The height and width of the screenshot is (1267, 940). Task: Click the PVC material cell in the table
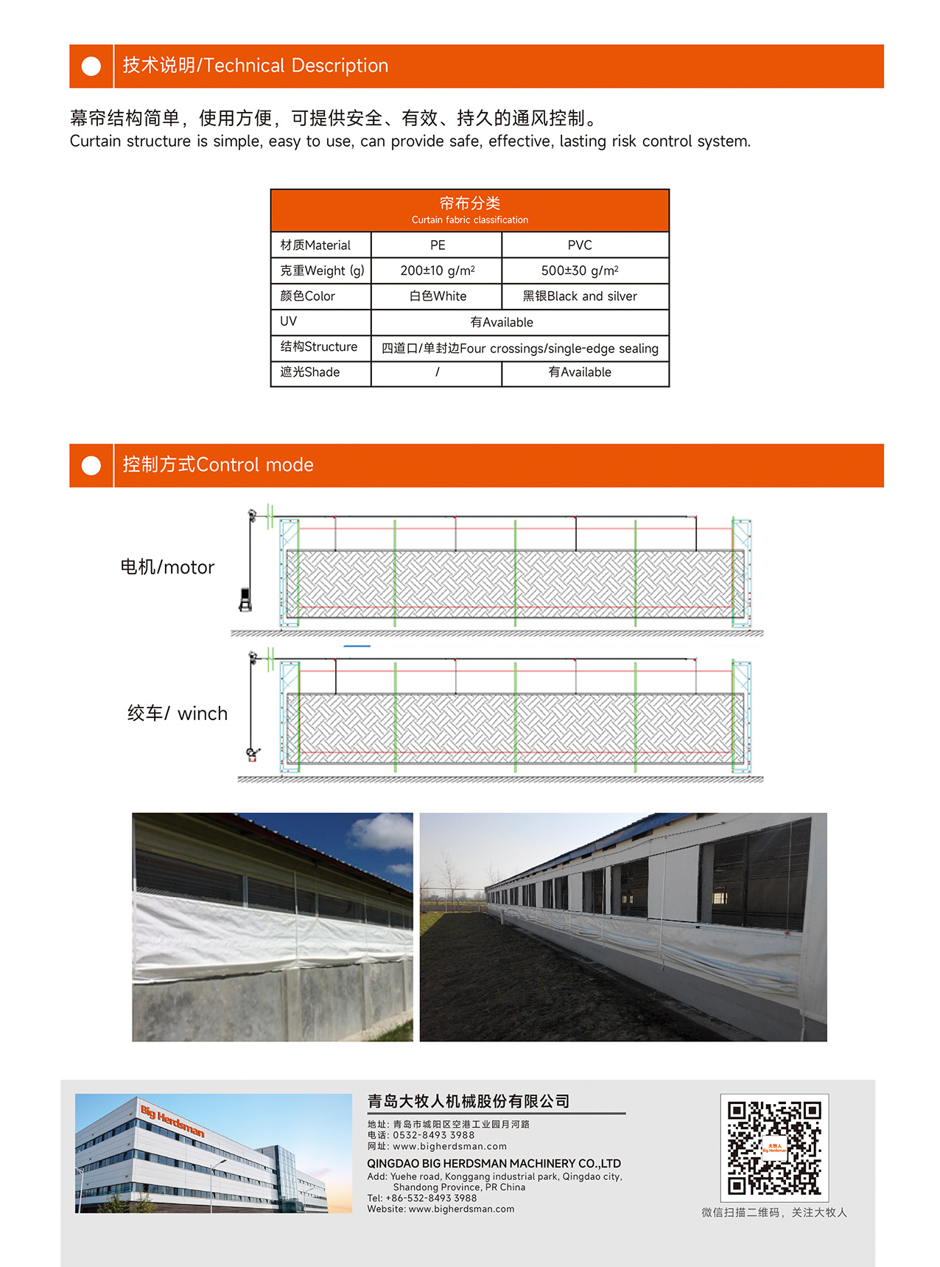coord(580,245)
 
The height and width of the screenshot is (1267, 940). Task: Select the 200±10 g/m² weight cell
coord(437,270)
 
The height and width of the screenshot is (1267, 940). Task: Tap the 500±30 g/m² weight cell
coord(580,270)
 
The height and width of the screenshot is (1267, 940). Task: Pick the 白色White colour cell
coord(438,296)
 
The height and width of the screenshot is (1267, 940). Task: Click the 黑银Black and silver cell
coord(580,296)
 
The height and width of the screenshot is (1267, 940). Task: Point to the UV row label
coord(289,321)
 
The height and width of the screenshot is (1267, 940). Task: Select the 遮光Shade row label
coord(310,372)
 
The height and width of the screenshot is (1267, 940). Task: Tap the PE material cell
coord(438,245)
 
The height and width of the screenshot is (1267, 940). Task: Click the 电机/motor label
coord(167,567)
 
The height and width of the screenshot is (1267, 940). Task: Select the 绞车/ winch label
coord(178,713)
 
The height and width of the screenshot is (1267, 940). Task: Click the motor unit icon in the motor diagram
coord(245,599)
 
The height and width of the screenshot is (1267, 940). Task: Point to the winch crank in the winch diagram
coord(253,754)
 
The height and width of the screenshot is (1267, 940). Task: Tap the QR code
coord(774,1148)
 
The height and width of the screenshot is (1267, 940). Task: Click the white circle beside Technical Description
coord(91,66)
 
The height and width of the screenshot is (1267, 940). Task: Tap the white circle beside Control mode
coord(91,466)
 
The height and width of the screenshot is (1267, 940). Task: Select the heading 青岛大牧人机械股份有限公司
coord(469,1101)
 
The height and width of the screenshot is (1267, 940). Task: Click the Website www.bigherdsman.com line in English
coord(441,1209)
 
